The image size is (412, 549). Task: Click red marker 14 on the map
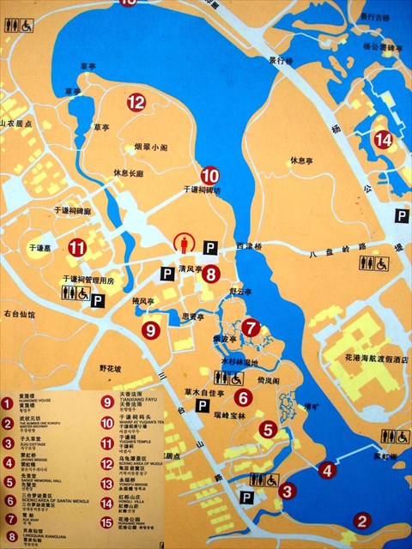[384, 138]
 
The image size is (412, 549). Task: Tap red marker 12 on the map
[136, 103]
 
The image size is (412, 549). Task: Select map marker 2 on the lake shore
[363, 520]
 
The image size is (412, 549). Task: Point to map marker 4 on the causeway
[326, 469]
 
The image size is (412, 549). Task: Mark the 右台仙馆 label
[19, 315]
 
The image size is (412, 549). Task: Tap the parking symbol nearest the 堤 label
[401, 217]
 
